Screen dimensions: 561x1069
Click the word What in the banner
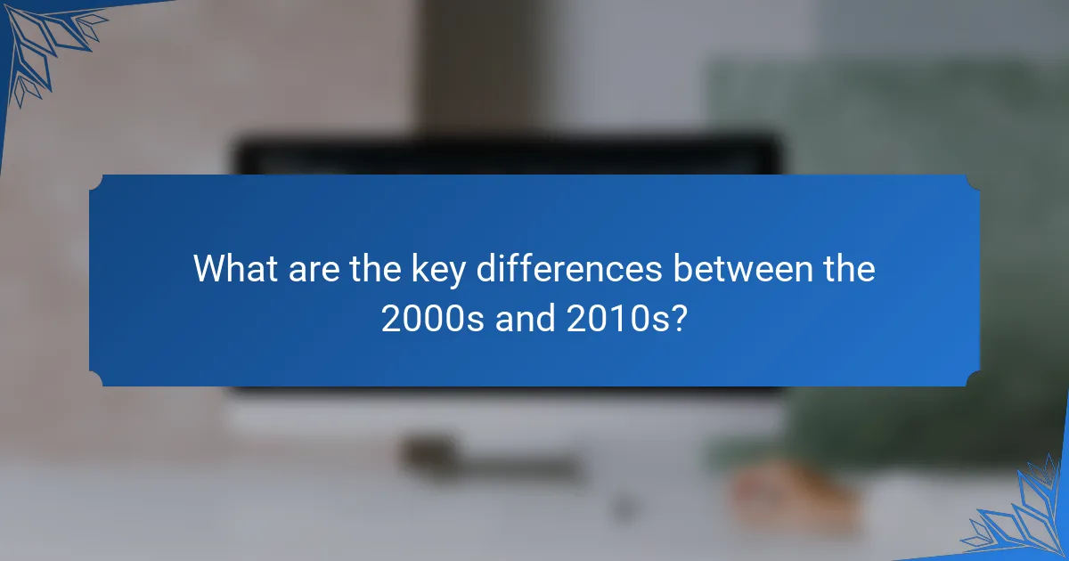click(235, 269)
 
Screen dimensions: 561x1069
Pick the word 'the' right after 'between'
click(845, 269)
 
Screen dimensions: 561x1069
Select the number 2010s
click(618, 317)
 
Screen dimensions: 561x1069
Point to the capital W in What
click(210, 269)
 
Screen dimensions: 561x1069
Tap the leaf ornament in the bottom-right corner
click(1024, 516)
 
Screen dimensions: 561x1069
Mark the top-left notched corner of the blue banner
click(95, 181)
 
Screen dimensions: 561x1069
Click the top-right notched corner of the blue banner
click(973, 181)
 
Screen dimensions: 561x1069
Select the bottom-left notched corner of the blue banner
click(95, 380)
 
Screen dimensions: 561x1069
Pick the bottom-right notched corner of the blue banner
click(973, 380)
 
